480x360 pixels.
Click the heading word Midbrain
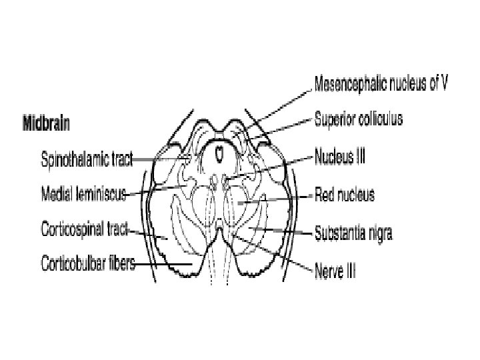[47, 123]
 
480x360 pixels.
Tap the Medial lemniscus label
[83, 194]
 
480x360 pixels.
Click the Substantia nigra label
[354, 233]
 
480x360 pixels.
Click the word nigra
[379, 233]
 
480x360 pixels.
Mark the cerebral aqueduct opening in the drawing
[219, 155]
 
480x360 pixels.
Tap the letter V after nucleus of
[443, 84]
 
